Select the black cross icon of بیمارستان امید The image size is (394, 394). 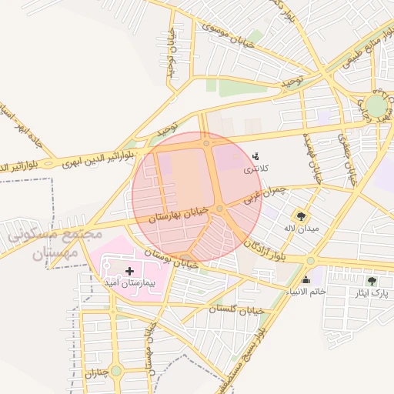129,271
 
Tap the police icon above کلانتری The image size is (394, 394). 255,156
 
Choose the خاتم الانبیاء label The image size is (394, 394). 306,291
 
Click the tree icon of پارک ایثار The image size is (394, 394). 372,281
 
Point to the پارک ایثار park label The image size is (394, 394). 372,293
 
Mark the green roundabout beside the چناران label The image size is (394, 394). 115,371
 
